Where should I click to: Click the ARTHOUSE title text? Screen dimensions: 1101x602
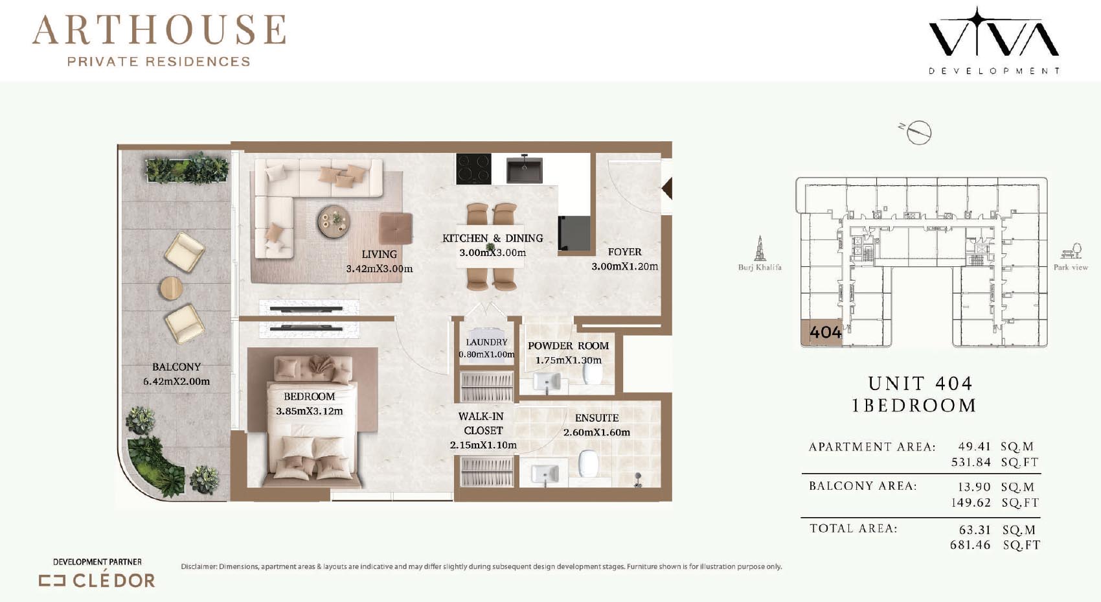tap(159, 30)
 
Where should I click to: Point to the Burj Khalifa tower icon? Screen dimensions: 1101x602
tap(760, 248)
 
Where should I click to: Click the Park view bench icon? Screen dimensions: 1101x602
tap(1071, 251)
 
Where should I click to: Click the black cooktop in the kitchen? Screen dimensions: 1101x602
tap(473, 169)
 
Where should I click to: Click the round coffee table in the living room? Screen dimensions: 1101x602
tap(334, 222)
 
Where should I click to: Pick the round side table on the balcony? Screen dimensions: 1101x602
tap(171, 289)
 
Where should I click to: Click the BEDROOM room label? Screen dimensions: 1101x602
tap(309, 397)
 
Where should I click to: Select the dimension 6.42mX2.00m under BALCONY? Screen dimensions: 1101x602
tap(176, 381)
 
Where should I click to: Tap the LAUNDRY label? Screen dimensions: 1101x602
tap(486, 342)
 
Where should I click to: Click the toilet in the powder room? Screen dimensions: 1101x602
tap(593, 375)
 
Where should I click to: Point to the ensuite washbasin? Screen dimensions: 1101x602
tap(545, 474)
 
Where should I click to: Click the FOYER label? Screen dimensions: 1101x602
tap(625, 252)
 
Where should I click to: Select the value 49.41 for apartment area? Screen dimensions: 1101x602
tap(974, 446)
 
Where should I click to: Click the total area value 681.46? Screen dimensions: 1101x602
tap(970, 545)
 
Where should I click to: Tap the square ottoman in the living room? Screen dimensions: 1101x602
tap(396, 228)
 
